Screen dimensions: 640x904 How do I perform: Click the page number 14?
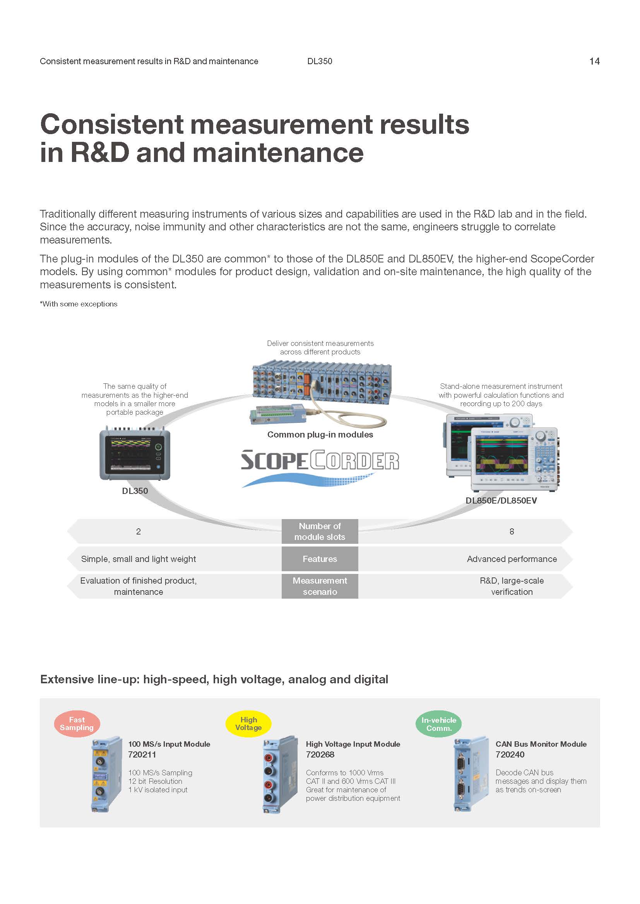click(594, 61)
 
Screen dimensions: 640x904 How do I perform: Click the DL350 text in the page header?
click(320, 61)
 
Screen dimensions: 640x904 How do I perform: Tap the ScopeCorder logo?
click(320, 468)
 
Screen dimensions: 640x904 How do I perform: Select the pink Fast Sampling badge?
click(77, 724)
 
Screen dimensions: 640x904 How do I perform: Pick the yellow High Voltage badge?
click(248, 724)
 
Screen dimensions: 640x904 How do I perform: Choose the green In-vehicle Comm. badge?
click(439, 724)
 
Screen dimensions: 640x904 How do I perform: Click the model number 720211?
click(142, 754)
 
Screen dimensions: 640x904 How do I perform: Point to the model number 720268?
click(320, 754)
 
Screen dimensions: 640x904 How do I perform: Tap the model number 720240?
click(510, 754)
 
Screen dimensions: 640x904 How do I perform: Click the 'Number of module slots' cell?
click(320, 531)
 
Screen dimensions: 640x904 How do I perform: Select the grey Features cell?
click(320, 559)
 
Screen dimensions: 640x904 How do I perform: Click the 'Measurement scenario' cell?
click(320, 586)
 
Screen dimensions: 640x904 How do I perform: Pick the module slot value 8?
click(512, 531)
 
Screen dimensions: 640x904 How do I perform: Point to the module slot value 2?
click(138, 531)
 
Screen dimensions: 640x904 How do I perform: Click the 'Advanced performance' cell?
click(512, 559)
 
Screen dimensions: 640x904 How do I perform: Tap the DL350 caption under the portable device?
click(135, 490)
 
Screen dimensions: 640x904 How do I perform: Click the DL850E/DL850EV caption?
click(501, 501)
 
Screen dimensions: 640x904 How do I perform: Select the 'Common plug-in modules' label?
click(320, 434)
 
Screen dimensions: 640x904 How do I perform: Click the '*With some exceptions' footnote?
click(79, 304)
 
